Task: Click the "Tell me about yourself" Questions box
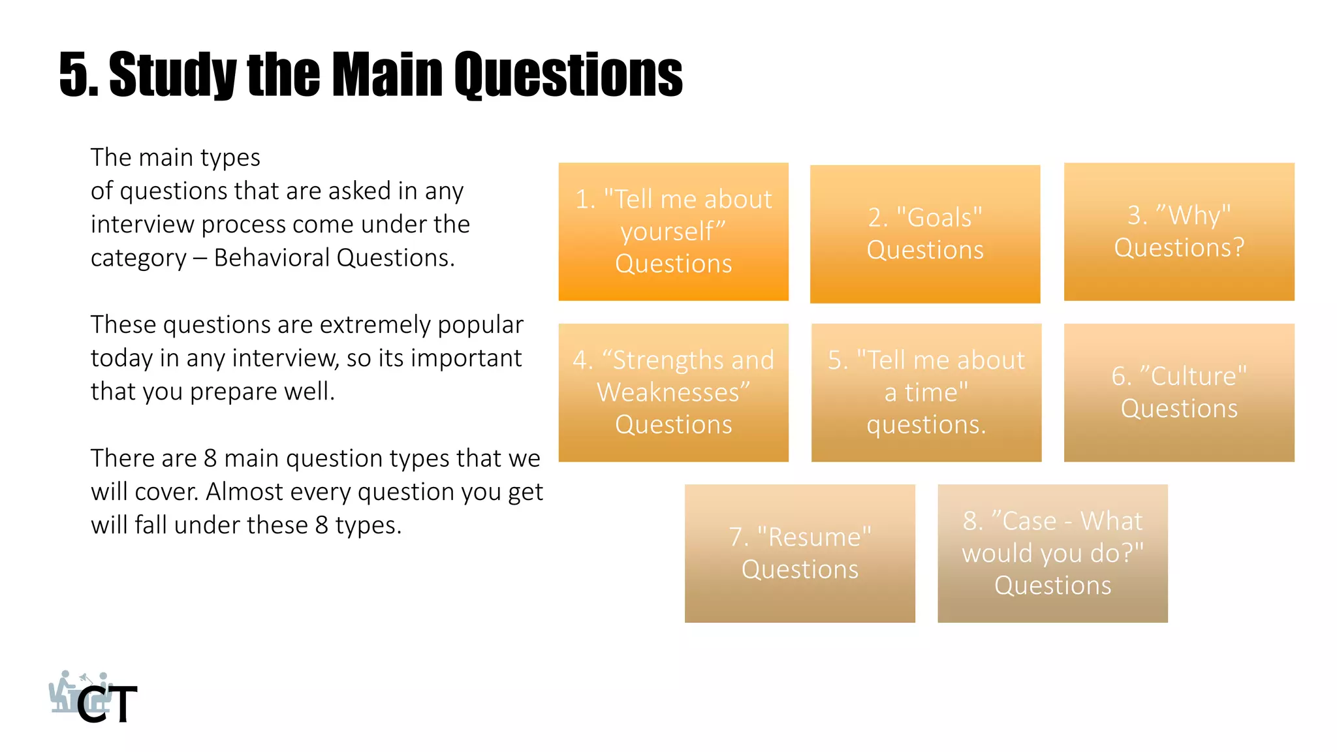(x=673, y=232)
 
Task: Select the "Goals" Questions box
(x=924, y=234)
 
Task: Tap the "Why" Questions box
(x=1178, y=232)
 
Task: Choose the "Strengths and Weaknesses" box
(x=673, y=392)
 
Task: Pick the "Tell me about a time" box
(x=926, y=392)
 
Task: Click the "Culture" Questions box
(x=1178, y=392)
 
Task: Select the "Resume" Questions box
(x=799, y=553)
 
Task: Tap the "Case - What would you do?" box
(x=1052, y=553)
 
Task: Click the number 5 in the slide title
(x=74, y=75)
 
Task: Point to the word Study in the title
(x=172, y=75)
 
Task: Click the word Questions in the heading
(x=568, y=75)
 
